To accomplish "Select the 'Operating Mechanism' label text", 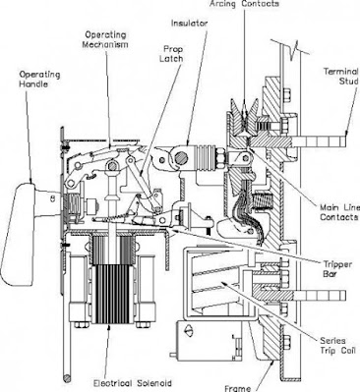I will (101, 41).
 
